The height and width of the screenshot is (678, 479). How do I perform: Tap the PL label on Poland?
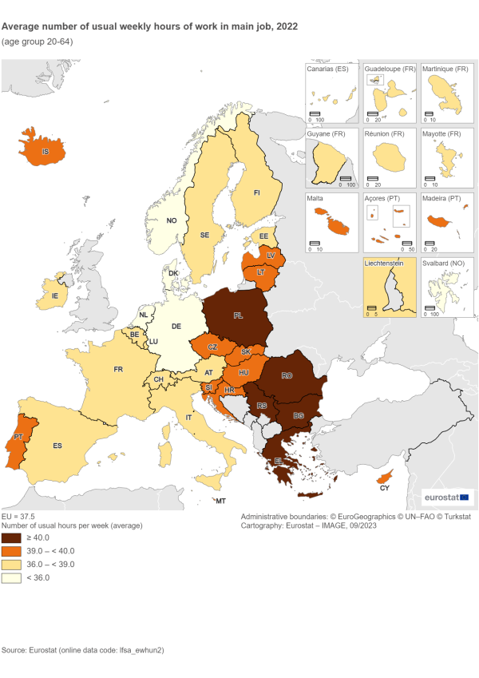(238, 315)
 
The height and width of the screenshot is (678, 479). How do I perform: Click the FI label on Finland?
(256, 192)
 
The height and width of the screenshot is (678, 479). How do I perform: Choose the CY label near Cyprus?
(384, 487)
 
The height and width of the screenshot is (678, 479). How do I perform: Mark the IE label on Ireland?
(54, 295)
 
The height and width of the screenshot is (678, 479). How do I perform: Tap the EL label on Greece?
(279, 461)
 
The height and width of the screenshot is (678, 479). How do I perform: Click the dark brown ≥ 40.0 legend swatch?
(12, 538)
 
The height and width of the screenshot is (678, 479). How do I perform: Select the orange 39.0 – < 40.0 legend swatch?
(12, 551)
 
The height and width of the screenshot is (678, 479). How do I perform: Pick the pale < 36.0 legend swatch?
(12, 577)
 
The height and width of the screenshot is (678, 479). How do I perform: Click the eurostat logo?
(447, 498)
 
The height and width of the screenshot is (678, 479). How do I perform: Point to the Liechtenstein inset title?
(386, 261)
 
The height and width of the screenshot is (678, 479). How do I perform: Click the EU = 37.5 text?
(18, 517)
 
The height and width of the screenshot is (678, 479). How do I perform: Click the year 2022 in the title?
(283, 26)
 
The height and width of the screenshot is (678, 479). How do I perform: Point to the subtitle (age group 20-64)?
(38, 41)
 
